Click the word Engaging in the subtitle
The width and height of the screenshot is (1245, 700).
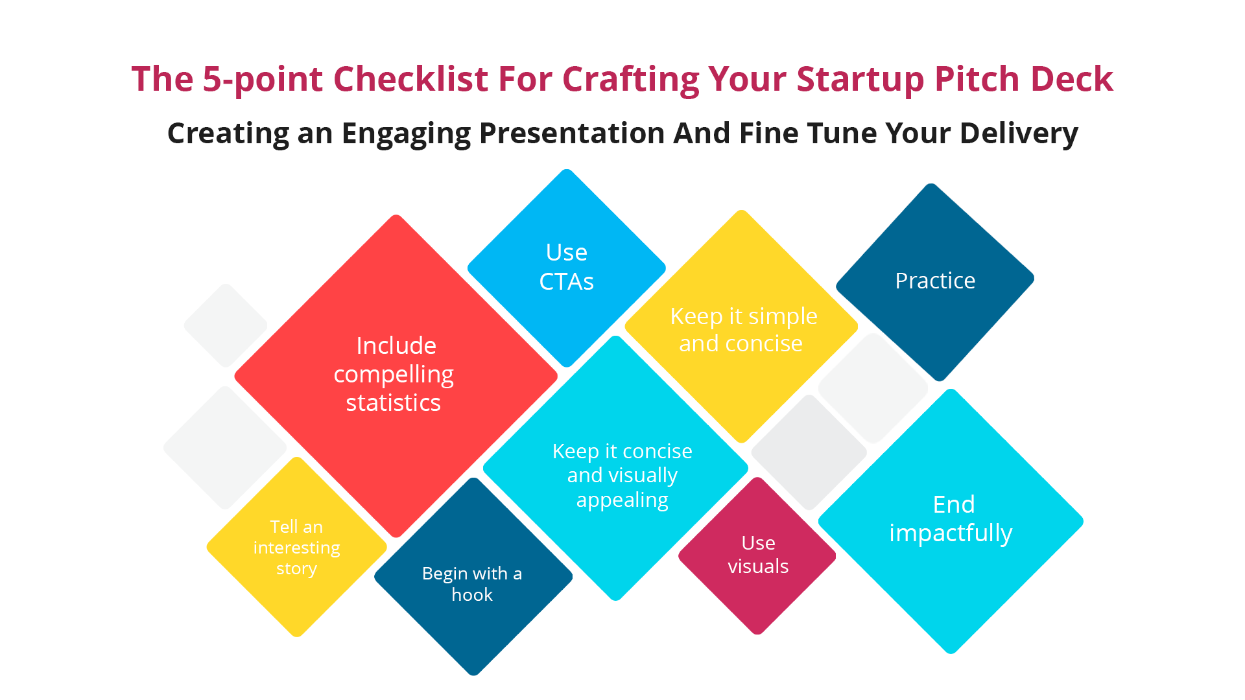[x=405, y=134]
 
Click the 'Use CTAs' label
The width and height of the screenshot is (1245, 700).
[x=566, y=266]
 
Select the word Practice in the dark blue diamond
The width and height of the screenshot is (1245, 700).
[x=934, y=281]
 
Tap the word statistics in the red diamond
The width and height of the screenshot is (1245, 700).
[x=393, y=403]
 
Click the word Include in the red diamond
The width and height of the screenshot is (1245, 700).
[x=396, y=346]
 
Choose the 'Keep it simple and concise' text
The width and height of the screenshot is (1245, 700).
[x=742, y=329]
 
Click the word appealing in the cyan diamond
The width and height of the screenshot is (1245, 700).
[x=622, y=500]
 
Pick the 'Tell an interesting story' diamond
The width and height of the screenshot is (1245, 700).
[x=296, y=548]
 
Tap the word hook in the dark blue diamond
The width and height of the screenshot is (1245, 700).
[x=472, y=595]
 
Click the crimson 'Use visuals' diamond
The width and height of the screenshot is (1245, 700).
[x=757, y=555]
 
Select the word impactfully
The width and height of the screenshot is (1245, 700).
[x=951, y=533]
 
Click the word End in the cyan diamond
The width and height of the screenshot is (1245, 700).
[x=953, y=504]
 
